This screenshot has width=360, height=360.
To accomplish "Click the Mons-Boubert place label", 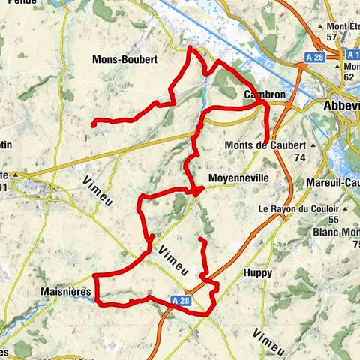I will (124, 59).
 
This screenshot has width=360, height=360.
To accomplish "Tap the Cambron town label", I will (263, 95).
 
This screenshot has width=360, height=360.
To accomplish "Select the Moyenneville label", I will (236, 178).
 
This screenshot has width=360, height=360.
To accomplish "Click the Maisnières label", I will (67, 290).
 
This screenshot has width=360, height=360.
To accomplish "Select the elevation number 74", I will (300, 157).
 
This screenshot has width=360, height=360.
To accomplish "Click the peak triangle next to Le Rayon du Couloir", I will (333, 208).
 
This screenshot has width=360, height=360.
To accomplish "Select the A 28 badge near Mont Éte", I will (315, 56).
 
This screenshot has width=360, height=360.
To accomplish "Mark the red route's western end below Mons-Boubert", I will (93, 123).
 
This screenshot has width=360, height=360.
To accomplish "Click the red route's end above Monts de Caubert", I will (267, 139).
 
